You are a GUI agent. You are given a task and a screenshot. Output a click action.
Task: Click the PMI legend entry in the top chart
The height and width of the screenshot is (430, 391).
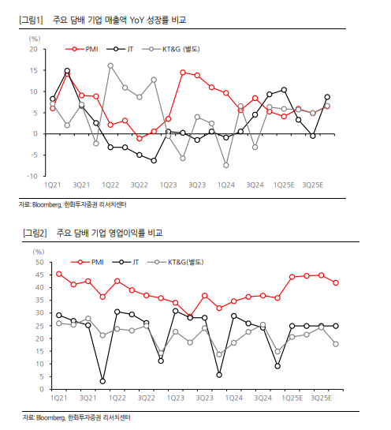(x=82, y=49)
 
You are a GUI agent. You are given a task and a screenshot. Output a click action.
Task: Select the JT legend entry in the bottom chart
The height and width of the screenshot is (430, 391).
(x=126, y=262)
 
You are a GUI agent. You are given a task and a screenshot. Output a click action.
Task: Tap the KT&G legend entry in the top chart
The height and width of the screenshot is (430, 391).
(x=171, y=49)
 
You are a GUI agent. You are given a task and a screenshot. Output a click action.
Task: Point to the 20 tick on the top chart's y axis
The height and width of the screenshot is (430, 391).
(x=34, y=50)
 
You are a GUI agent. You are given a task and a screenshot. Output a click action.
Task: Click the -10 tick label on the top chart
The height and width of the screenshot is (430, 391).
(x=32, y=176)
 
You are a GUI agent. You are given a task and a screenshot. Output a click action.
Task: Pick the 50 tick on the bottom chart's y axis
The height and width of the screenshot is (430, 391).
(x=39, y=262)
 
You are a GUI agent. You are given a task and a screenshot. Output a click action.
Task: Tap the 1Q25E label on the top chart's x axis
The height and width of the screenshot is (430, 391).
(x=284, y=185)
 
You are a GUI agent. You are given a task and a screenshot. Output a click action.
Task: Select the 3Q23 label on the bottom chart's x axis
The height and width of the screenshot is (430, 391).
(x=204, y=398)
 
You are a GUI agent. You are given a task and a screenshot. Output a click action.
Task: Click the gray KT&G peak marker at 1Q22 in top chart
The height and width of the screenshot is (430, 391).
(x=110, y=65)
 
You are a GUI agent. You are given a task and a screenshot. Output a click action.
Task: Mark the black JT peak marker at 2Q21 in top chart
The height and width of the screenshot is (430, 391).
(x=67, y=71)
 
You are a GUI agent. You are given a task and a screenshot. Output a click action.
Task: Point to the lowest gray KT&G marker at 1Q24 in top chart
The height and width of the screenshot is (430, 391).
(x=226, y=166)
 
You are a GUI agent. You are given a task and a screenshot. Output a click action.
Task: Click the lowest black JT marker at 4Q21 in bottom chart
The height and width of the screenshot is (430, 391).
(x=102, y=381)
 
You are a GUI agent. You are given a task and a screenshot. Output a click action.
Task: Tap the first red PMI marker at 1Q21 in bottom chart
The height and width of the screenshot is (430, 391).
(x=59, y=274)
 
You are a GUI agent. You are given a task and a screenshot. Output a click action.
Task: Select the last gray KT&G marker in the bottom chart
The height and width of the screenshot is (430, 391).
(x=336, y=344)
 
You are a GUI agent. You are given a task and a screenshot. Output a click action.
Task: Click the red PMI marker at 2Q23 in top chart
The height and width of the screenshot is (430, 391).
(x=183, y=73)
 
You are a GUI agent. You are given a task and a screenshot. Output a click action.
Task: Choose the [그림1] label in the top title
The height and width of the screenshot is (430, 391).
(x=31, y=20)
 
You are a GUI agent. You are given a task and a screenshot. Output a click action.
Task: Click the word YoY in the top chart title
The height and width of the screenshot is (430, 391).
(x=137, y=20)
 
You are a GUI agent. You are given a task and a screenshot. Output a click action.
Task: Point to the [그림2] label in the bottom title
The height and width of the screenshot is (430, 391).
(x=35, y=233)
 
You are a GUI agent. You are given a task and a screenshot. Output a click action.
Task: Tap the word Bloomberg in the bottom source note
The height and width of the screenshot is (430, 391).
(x=50, y=417)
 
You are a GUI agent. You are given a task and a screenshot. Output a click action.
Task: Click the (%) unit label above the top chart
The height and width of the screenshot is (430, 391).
(x=35, y=39)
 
